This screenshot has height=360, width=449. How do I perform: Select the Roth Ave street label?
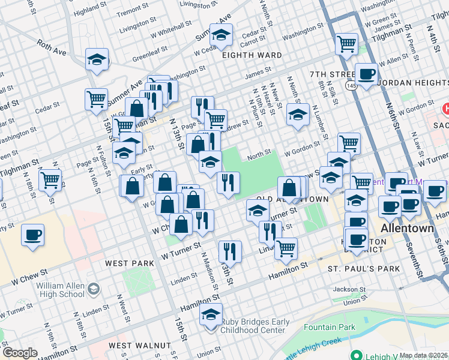(52, 48)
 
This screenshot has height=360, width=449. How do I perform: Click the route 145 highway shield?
(350, 87)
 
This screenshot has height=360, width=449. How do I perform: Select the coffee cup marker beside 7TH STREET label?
(366, 74)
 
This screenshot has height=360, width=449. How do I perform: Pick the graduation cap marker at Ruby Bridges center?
(211, 314)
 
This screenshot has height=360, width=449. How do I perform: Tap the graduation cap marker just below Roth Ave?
(97, 59)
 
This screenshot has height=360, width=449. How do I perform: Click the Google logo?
(20, 353)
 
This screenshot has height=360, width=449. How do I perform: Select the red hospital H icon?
(446, 109)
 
